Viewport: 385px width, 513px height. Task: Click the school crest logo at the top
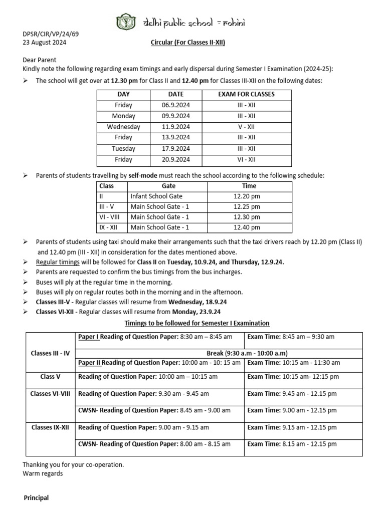[123, 22]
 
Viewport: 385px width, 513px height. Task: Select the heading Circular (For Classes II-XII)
[188, 43]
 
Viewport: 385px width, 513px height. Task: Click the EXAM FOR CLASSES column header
[246, 94]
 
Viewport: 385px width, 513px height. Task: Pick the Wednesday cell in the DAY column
[123, 127]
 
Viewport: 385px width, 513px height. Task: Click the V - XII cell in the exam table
[246, 127]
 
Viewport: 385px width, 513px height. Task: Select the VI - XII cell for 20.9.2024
[246, 159]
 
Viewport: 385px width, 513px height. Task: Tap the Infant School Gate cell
[156, 196]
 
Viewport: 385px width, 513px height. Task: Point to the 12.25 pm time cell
[247, 206]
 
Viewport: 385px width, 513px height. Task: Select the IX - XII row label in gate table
[111, 227]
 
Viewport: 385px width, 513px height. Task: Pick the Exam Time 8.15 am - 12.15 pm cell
[292, 444]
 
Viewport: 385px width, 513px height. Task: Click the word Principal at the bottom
[37, 498]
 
